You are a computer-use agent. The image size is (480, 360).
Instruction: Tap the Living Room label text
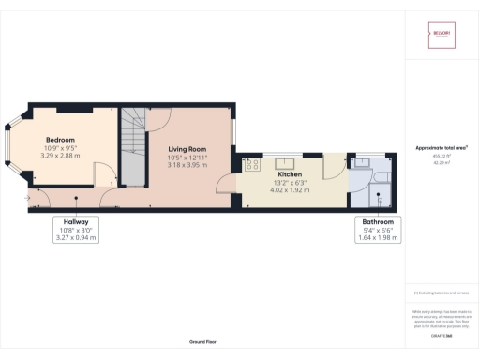point(187,149)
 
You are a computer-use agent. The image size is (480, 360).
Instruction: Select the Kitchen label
point(288,174)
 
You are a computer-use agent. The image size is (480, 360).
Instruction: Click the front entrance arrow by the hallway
point(30,198)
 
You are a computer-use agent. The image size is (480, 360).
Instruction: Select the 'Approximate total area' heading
point(442,148)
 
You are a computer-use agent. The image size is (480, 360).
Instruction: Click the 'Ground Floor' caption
point(203,342)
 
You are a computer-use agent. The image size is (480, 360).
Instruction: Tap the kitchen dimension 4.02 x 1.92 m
point(288,190)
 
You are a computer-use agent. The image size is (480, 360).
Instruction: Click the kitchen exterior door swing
point(332,169)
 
